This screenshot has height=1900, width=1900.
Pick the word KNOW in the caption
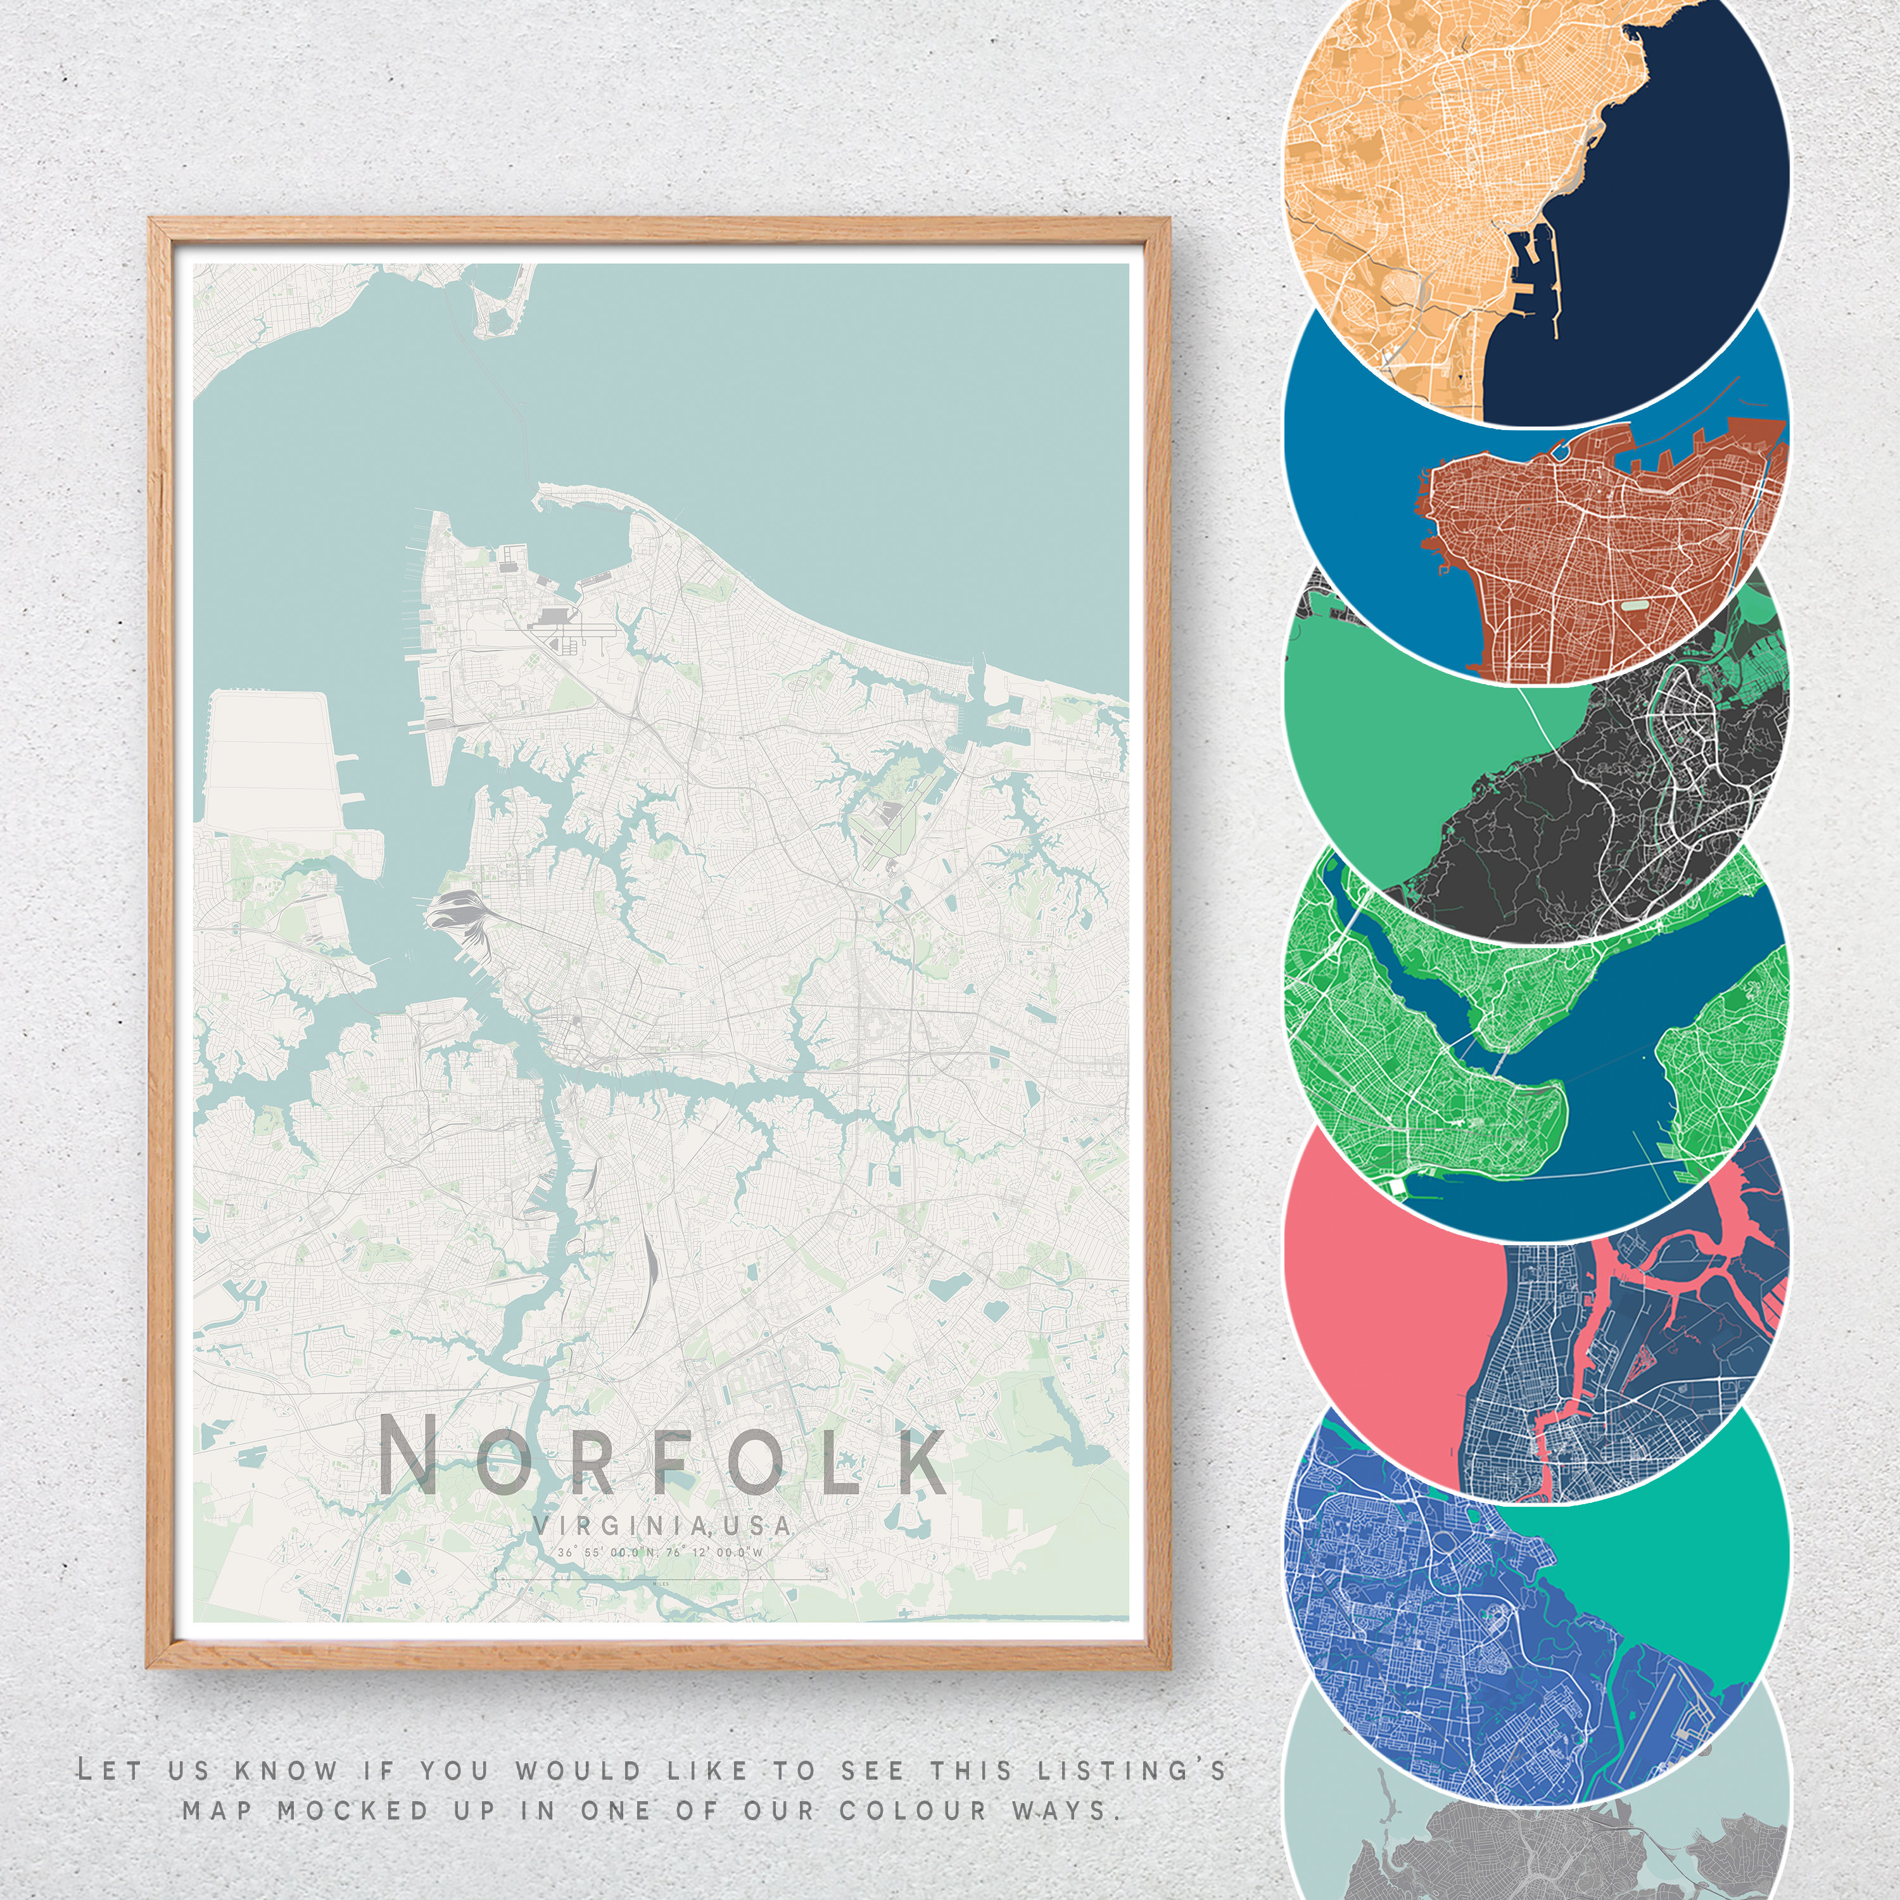point(285,1770)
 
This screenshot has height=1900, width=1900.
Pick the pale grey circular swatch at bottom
point(1534,1829)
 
